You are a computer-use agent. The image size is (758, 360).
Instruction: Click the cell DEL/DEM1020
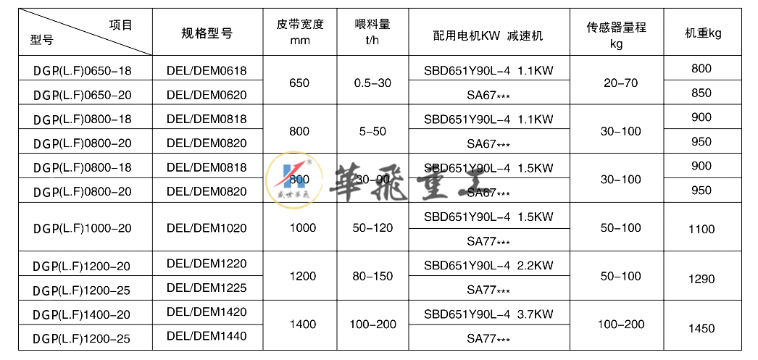pyautogui.click(x=207, y=228)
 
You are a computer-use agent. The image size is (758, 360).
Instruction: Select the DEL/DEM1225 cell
pyautogui.click(x=207, y=288)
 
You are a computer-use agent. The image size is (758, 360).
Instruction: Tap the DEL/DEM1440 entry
pyautogui.click(x=207, y=336)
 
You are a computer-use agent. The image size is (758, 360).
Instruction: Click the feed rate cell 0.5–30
pyautogui.click(x=374, y=83)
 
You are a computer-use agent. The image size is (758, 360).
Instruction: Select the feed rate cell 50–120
pyautogui.click(x=374, y=228)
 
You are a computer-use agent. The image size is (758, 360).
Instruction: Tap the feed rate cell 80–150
pyautogui.click(x=374, y=277)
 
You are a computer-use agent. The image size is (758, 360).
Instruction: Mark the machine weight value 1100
pyautogui.click(x=701, y=229)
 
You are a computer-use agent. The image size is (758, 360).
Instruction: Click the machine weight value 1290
pyautogui.click(x=701, y=278)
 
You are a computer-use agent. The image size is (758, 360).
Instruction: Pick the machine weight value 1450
pyautogui.click(x=701, y=327)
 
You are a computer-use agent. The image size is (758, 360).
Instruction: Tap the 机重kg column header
pyautogui.click(x=702, y=33)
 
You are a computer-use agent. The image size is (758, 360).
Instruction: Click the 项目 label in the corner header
pyautogui.click(x=120, y=25)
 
